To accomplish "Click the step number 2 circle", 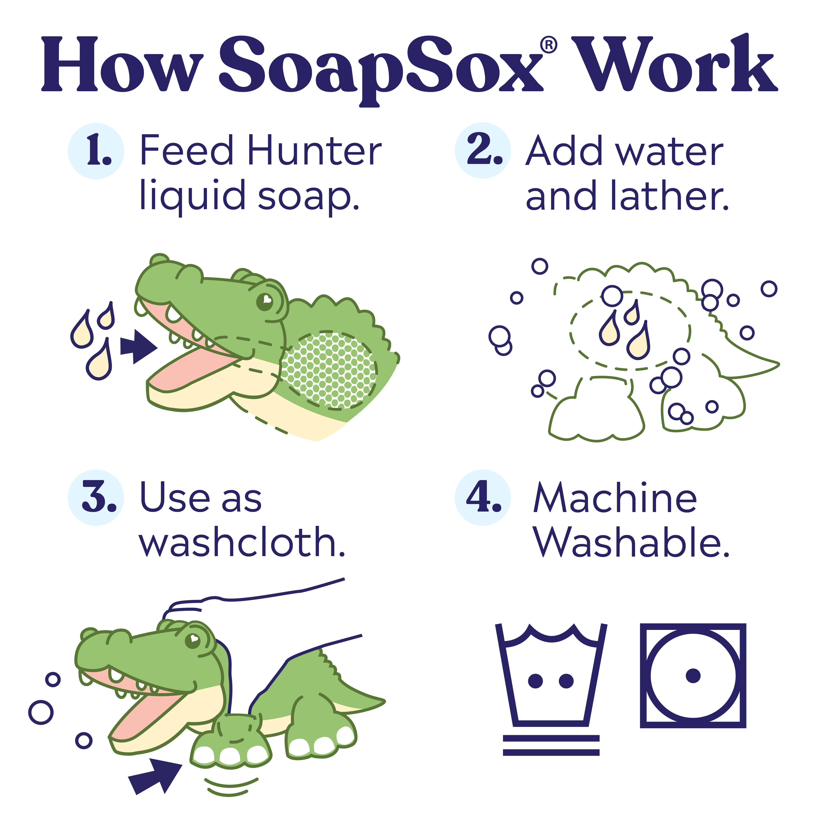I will pyautogui.click(x=483, y=151).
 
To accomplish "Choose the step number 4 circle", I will pyautogui.click(x=483, y=498).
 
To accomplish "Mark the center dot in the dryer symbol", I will pyautogui.click(x=693, y=676).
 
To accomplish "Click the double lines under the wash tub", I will pyautogui.click(x=551, y=745).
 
